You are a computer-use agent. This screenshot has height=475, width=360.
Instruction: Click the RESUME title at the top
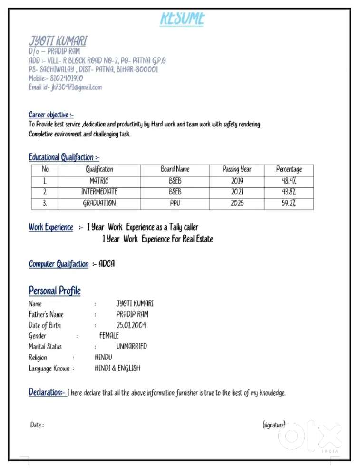coord(183,19)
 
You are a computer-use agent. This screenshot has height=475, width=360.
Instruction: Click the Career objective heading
coord(51,115)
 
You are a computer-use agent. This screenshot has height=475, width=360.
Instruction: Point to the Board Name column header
coord(175,169)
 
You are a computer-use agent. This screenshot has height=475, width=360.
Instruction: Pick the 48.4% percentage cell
coord(289,181)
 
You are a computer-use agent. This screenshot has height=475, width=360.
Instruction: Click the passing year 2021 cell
coord(237,192)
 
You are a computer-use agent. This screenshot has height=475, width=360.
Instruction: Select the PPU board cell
coord(175,204)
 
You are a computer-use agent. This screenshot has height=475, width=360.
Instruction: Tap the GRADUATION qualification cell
coord(99,204)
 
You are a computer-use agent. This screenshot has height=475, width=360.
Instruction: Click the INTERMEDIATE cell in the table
coord(99,192)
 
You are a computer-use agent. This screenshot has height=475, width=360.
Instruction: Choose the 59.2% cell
coord(289,204)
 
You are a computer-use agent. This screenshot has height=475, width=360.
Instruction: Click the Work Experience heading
coord(51,227)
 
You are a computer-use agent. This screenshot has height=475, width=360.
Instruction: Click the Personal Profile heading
coord(55,291)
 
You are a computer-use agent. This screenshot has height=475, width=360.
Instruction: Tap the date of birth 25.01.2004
coord(131,325)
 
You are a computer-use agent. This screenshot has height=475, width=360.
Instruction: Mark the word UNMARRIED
coord(131,347)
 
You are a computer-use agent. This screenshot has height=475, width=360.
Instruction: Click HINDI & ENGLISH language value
coord(117,368)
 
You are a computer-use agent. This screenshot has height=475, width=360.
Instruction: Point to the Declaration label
coord(47,393)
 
